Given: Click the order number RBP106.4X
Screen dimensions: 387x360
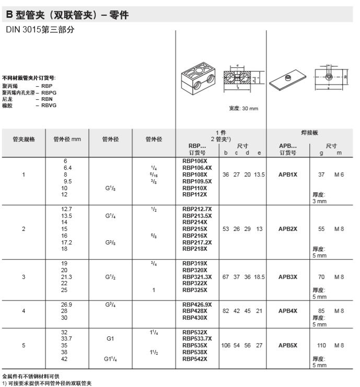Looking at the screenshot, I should point(197,168).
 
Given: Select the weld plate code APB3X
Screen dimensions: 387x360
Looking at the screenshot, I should point(288,276).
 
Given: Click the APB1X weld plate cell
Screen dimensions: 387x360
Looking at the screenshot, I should point(288,174).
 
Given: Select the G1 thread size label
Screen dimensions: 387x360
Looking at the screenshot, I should point(110,338).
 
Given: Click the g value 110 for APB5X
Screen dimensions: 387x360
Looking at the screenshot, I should point(322,345).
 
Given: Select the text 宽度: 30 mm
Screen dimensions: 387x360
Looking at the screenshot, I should point(243,109).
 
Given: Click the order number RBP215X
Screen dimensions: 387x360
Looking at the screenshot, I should point(195,229).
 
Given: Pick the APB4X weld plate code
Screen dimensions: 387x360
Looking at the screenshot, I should point(288,311).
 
